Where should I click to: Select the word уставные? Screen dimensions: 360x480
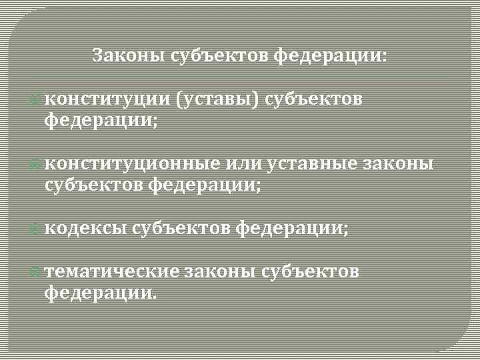311,164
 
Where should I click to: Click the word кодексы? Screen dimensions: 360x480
86,228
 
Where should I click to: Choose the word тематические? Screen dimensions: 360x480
112,272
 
